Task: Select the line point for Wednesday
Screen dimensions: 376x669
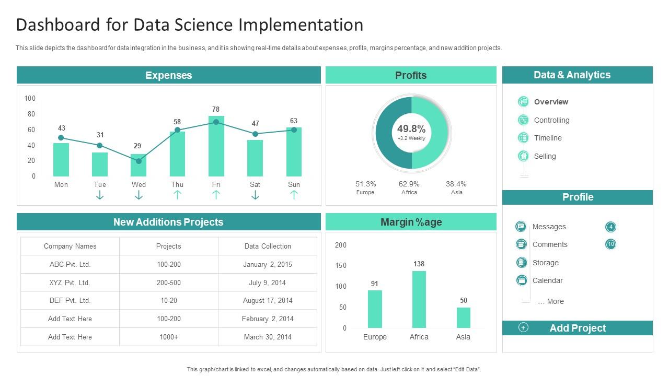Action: pos(139,161)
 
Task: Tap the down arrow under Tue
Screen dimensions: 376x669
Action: pos(100,195)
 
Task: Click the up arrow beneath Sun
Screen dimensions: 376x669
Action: pos(294,195)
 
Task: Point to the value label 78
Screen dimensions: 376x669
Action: pos(216,109)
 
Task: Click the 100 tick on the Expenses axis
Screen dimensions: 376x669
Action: pos(30,98)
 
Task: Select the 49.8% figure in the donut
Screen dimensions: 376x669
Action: pos(411,128)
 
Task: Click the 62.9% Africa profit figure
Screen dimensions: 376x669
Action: pos(409,184)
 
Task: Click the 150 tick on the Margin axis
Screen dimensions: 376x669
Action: pos(341,265)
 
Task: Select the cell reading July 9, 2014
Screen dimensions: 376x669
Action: pos(267,283)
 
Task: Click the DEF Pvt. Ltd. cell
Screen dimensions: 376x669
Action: pos(70,300)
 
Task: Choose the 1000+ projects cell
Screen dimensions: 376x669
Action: pos(169,337)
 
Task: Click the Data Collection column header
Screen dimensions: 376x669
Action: pos(268,246)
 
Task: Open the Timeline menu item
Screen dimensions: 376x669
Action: pos(548,138)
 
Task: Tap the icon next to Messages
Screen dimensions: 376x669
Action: pos(521,227)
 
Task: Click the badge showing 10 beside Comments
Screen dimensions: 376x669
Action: pos(610,244)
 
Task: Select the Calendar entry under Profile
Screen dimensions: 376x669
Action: pos(547,280)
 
